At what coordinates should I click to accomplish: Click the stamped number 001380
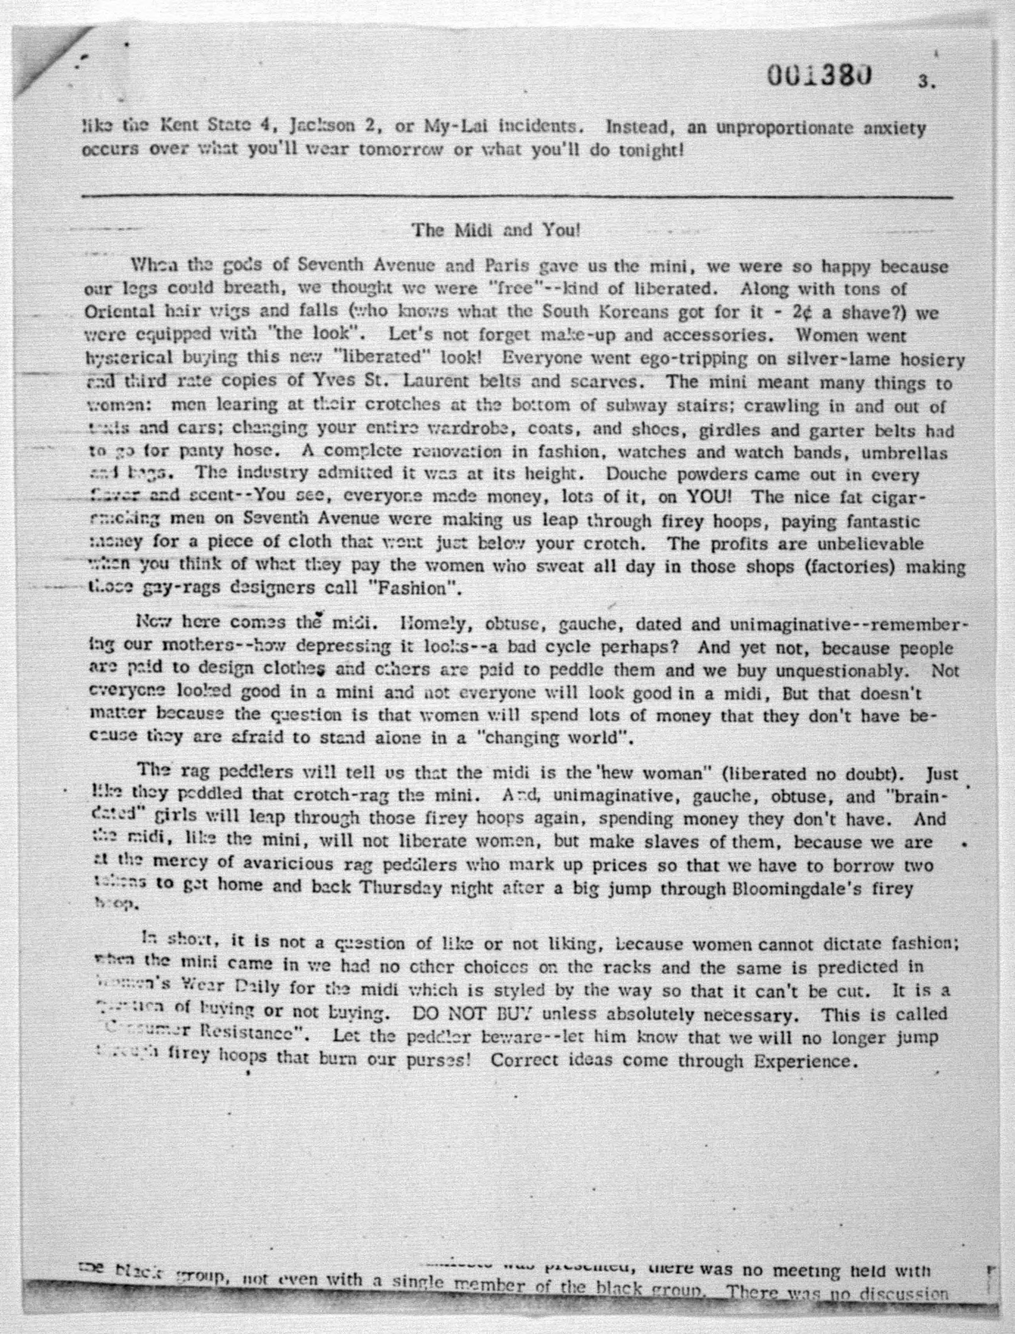(x=819, y=77)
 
